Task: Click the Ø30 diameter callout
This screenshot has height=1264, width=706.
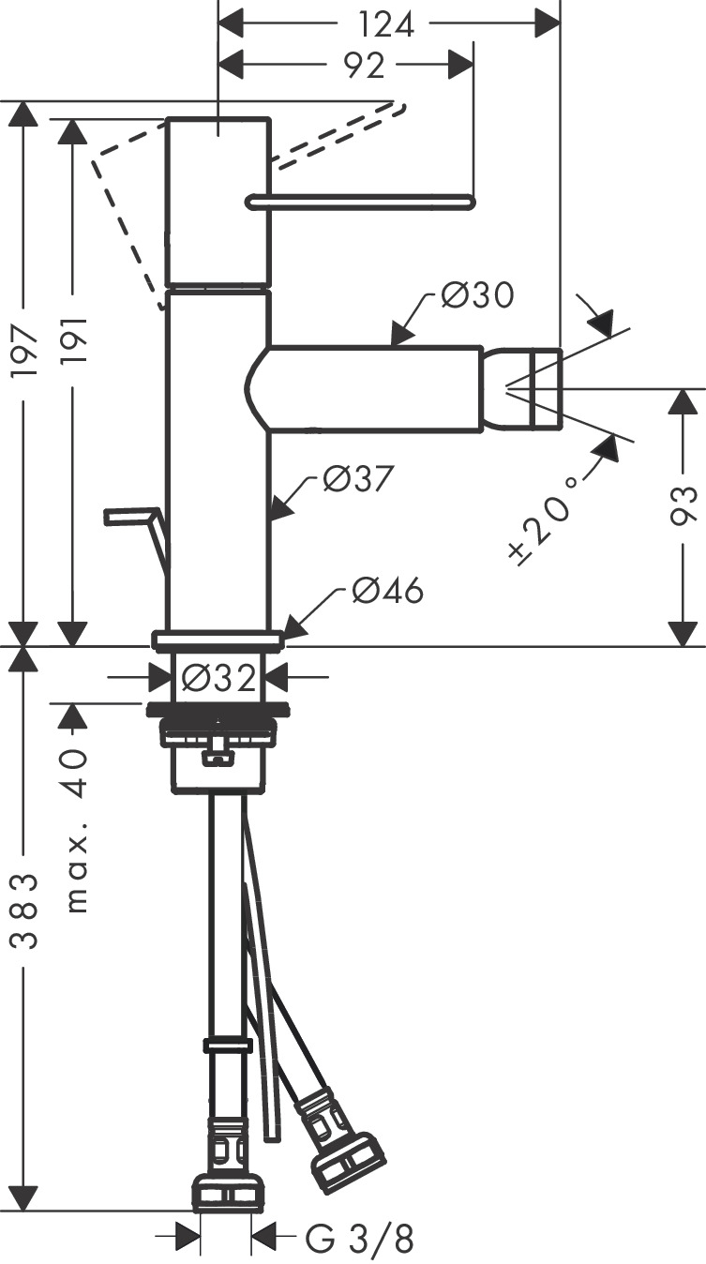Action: pos(476,296)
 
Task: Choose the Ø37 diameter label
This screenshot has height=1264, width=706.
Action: pos(355,478)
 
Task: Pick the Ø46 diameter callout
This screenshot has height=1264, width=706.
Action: pos(387,591)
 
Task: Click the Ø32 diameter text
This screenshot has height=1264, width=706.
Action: pos(219,676)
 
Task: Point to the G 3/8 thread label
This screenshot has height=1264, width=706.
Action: pos(359,1241)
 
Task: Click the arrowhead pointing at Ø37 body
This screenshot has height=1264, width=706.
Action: pos(276,511)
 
